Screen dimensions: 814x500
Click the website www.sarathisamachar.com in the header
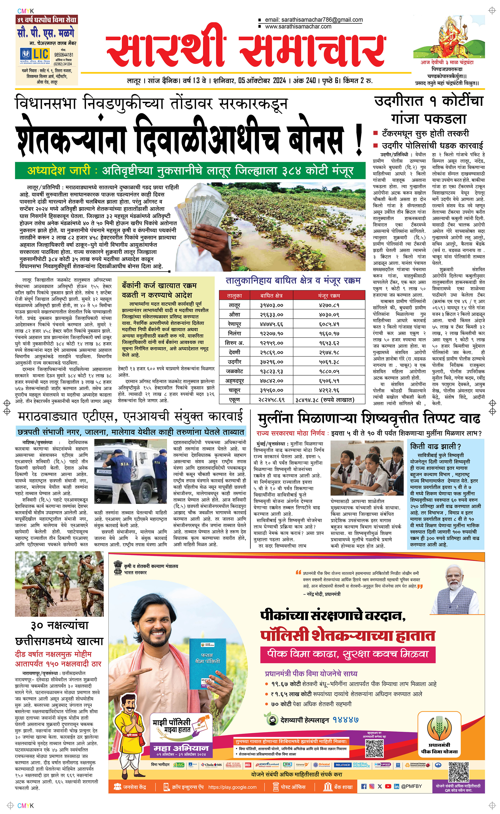(x=298, y=27)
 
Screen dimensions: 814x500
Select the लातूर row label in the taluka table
(x=234, y=305)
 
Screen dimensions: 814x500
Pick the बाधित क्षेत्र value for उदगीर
(x=271, y=362)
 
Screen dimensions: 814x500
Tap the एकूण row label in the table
(x=234, y=399)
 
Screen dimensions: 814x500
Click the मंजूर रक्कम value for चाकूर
(x=329, y=390)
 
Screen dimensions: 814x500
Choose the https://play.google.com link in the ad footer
(x=232, y=787)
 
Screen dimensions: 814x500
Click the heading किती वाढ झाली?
(x=435, y=446)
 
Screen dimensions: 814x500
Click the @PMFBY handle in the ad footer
(x=411, y=786)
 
